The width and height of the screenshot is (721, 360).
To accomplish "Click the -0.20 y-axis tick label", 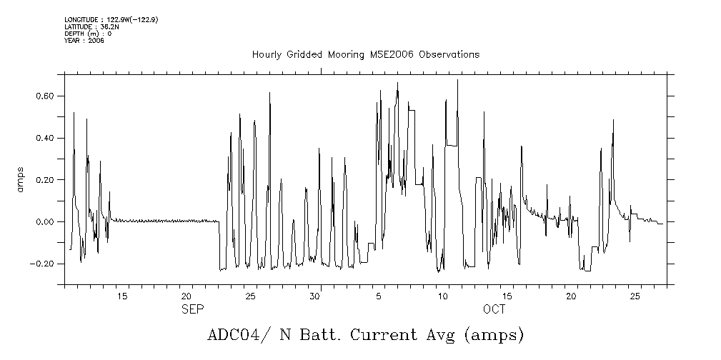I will (44, 264).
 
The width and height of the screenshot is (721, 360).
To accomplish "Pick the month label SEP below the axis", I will (192, 309).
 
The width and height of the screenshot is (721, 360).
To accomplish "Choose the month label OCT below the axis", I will (494, 309).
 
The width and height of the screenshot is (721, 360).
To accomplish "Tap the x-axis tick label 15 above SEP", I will (122, 296).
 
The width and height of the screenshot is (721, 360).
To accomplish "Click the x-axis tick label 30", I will (314, 296).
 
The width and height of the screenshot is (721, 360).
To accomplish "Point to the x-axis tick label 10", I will (443, 296).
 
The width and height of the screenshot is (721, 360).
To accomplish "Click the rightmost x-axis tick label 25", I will (635, 296).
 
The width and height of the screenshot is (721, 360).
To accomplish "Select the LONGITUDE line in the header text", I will (111, 19).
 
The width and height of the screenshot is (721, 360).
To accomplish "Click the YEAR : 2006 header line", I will (84, 41).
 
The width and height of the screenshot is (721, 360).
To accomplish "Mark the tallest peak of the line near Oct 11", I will (457, 80).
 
